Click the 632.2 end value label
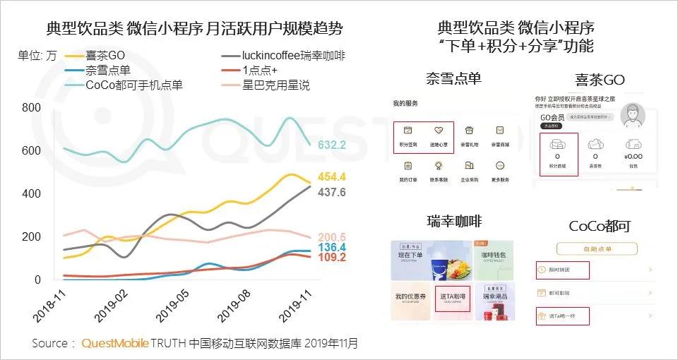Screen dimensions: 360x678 (x=332, y=145)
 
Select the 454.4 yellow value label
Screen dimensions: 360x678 (x=332, y=177)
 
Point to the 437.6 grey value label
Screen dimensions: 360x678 (x=332, y=192)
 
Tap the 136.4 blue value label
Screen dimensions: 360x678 (x=332, y=248)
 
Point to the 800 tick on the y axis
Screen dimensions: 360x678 (x=31, y=107)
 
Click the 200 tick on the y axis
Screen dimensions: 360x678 (x=31, y=236)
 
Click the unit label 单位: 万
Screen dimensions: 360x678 (x=37, y=56)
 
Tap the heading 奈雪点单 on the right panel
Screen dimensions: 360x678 (x=453, y=78)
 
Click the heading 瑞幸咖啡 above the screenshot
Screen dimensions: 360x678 (x=453, y=222)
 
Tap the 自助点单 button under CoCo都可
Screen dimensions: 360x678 (x=597, y=249)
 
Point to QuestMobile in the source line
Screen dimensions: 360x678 (x=114, y=344)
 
